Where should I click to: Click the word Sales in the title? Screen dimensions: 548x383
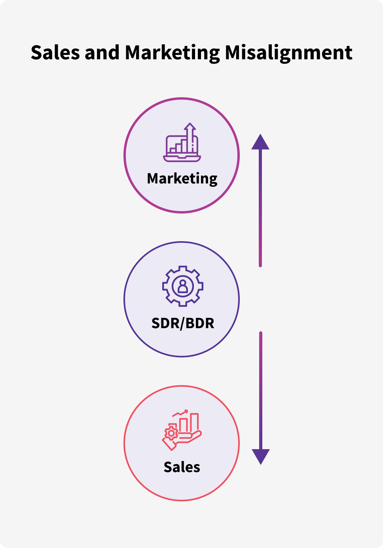point(55,53)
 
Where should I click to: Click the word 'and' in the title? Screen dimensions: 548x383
point(102,53)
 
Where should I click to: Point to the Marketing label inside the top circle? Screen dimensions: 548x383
point(182,179)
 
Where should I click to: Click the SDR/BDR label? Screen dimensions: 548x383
point(183,323)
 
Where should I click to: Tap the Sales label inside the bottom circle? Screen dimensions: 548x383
point(182,467)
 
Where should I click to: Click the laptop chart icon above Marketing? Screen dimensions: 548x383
point(182,143)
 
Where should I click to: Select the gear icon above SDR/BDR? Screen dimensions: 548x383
point(183,286)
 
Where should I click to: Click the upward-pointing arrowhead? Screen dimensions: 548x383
point(260,142)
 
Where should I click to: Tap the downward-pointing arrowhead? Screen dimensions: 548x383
point(261,456)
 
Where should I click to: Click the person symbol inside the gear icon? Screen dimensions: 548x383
point(183,286)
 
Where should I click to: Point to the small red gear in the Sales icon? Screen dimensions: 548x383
point(171,433)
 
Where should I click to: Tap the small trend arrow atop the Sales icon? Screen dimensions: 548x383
point(181,413)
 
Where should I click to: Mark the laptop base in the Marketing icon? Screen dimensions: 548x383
point(182,159)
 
